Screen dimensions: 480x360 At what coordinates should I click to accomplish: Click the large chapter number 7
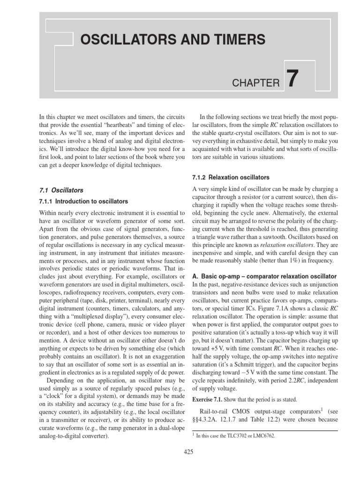tap(292, 79)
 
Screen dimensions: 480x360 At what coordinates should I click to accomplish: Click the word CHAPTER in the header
tap(255, 83)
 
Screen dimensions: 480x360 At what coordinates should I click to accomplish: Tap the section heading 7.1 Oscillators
tap(61, 190)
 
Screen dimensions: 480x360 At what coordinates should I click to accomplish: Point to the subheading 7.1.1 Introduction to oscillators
tap(83, 201)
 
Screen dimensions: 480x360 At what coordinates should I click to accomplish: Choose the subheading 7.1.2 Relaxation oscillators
tap(231, 178)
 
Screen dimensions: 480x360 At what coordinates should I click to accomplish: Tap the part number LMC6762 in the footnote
tap(264, 435)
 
